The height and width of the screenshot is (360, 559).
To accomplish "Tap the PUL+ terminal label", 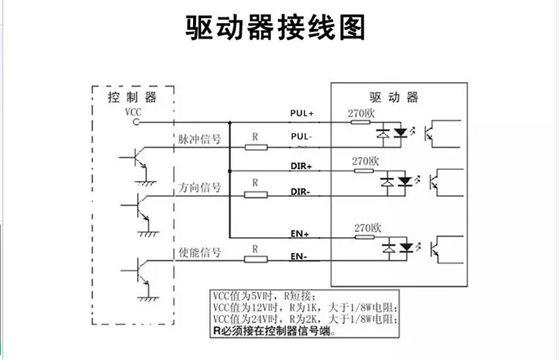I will [x=302, y=113].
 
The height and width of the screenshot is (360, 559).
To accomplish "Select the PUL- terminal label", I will [x=301, y=138].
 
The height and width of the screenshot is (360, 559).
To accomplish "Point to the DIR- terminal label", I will [x=300, y=192].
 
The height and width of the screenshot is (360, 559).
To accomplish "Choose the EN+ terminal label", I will [x=300, y=233].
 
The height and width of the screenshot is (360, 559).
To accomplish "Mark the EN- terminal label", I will [x=299, y=258].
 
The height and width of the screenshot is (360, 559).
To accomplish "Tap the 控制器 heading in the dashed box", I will [x=132, y=98].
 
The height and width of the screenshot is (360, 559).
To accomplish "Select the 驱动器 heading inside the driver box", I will [x=394, y=98].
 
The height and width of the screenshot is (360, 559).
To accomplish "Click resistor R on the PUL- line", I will [x=256, y=147].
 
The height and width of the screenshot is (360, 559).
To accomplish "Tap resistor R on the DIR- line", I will [x=256, y=195].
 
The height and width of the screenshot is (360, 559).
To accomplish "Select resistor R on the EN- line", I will [x=256, y=259].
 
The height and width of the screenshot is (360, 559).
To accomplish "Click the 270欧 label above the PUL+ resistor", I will [x=363, y=113].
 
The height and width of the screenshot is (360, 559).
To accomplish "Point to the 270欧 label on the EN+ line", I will [x=367, y=227].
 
